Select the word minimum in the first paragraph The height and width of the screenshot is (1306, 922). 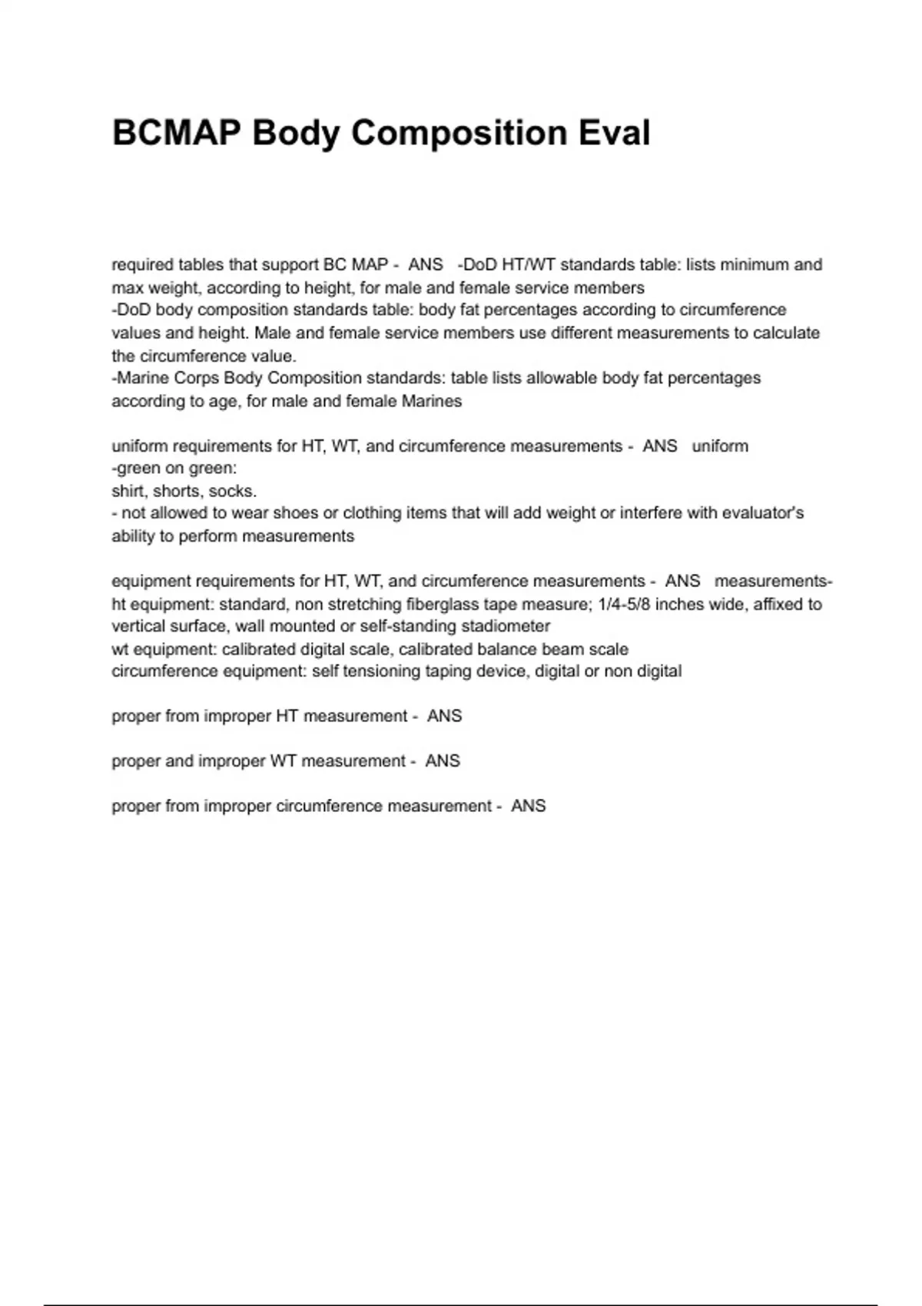click(x=751, y=265)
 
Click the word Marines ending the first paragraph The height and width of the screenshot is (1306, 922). click(x=432, y=401)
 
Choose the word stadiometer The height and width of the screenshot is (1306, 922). click(x=506, y=627)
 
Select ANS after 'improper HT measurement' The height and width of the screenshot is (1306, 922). click(x=444, y=717)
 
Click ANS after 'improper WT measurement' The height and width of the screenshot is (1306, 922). click(x=443, y=761)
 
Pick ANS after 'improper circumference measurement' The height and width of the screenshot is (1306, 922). click(x=529, y=807)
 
